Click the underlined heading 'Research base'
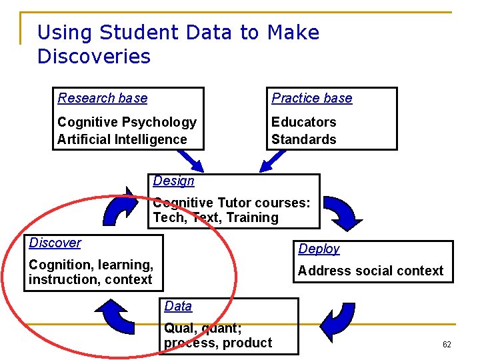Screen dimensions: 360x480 [x=103, y=98]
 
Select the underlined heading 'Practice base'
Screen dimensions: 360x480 [x=312, y=98]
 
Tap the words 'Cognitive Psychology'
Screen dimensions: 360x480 [x=127, y=122]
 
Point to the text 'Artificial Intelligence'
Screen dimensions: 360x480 [x=122, y=139]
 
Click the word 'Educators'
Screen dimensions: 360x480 [x=303, y=122]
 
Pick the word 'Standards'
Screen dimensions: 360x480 [x=303, y=139]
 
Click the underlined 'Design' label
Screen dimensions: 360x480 [x=173, y=181]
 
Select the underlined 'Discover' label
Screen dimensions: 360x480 [x=55, y=243]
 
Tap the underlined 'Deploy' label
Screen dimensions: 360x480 [x=319, y=249]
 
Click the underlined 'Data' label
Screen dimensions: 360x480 [x=178, y=306]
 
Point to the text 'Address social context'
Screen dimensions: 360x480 [x=370, y=271]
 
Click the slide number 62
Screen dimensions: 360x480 [x=447, y=345]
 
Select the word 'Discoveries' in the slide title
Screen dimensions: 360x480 [x=94, y=57]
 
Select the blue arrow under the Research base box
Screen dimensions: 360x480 [x=193, y=160]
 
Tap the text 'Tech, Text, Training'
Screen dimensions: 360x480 [x=215, y=217]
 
